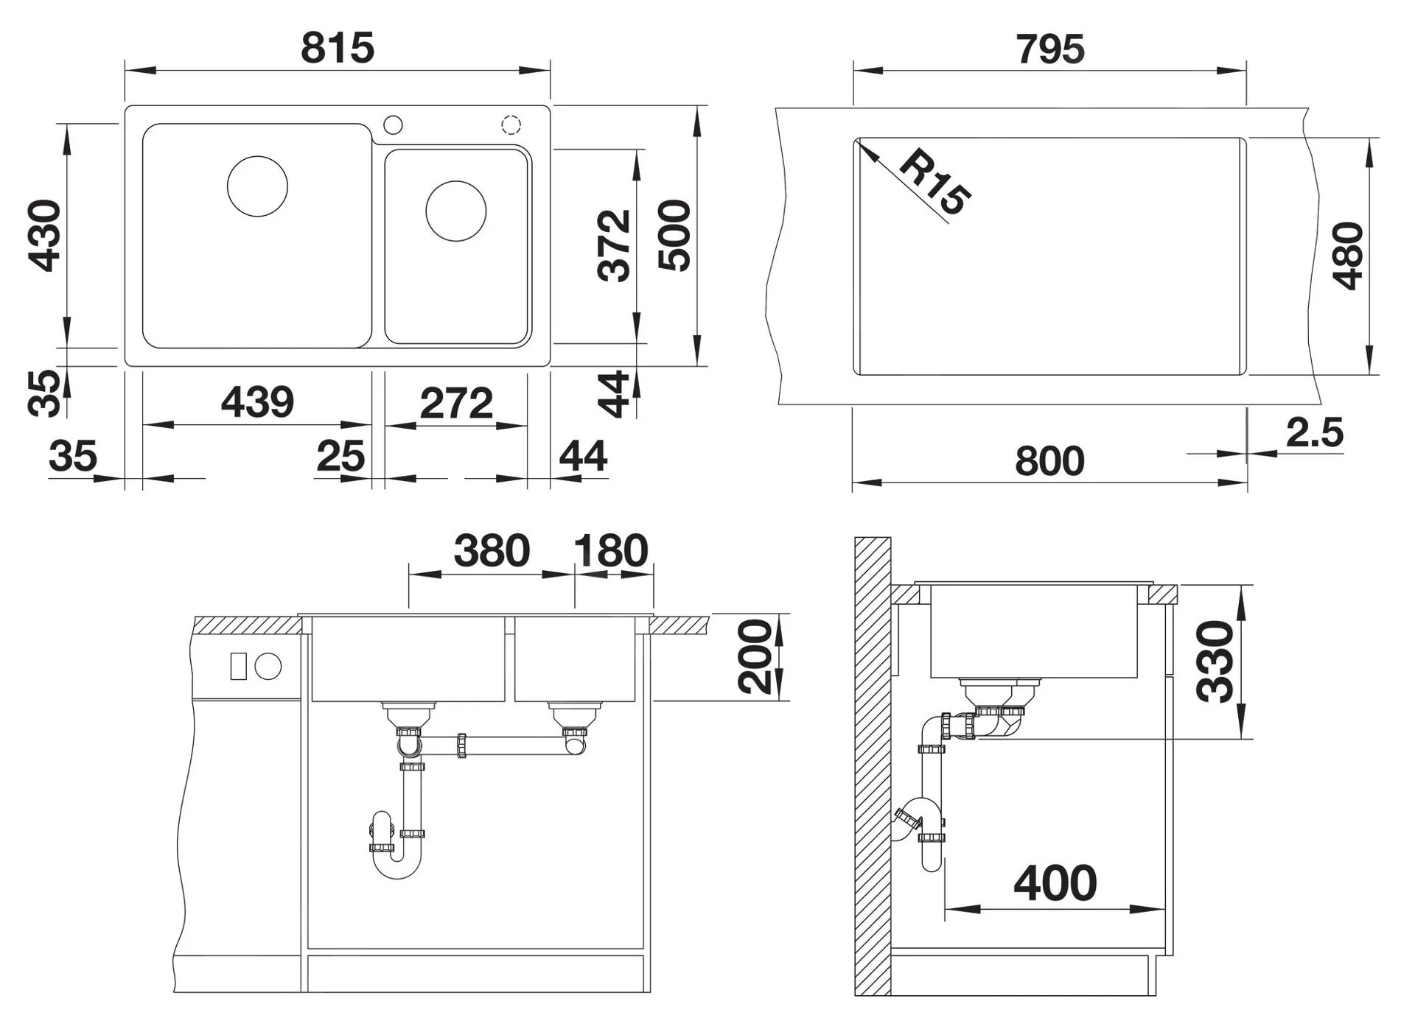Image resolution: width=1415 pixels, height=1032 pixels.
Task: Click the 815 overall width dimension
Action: click(338, 49)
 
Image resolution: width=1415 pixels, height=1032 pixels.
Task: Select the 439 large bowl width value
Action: click(257, 402)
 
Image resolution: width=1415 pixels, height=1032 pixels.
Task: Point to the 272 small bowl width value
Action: click(456, 403)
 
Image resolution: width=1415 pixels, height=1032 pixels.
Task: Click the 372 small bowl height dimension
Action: click(615, 245)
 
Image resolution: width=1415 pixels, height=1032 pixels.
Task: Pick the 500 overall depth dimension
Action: click(674, 236)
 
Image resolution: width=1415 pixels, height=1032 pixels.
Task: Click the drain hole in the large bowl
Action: click(257, 186)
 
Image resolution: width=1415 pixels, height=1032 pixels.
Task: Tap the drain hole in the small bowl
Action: click(456, 211)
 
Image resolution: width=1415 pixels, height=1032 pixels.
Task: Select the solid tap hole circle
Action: click(394, 124)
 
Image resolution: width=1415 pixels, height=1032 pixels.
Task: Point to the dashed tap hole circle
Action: click(511, 124)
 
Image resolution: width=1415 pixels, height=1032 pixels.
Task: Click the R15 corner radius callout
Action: click(934, 183)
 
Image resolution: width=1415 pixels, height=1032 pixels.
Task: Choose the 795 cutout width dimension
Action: click(1050, 49)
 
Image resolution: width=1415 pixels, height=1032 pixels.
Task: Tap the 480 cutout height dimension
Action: click(1348, 256)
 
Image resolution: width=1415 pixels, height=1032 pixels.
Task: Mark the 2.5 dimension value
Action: click(1315, 432)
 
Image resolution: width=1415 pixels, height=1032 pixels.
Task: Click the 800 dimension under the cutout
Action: click(1049, 461)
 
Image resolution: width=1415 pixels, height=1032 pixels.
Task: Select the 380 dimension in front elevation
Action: click(492, 550)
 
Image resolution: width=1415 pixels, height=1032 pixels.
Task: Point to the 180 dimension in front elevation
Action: click(611, 550)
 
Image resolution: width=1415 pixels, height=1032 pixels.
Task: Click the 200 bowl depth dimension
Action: click(755, 656)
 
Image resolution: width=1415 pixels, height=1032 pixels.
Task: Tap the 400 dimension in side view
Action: click(1055, 883)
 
